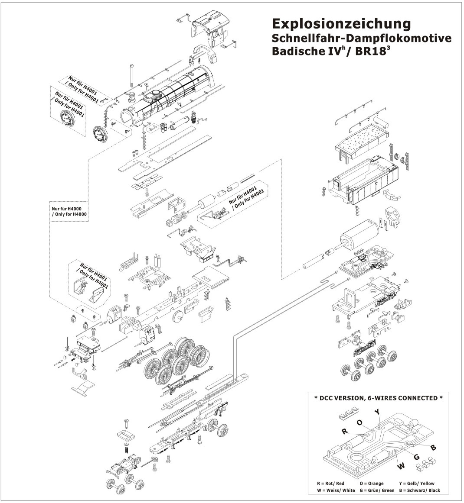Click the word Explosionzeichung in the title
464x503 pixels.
340,23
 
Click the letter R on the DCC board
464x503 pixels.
344,432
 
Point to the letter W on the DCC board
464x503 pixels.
401,466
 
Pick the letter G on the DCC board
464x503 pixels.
417,457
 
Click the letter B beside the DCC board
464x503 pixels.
433,447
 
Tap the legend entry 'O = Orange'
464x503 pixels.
372,484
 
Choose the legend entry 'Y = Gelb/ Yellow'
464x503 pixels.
416,484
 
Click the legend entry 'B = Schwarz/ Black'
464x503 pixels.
416,490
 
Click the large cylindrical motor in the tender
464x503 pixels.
360,238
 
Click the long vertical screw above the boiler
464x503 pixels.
131,76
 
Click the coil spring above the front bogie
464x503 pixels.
126,450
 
